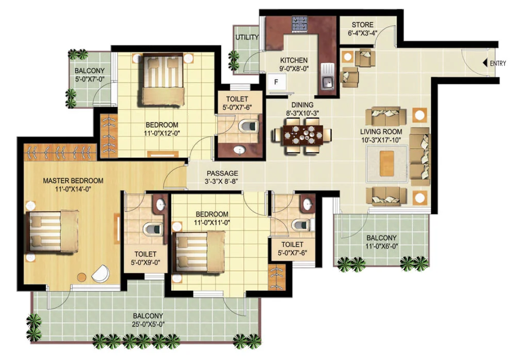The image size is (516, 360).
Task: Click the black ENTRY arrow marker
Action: pyautogui.click(x=485, y=62)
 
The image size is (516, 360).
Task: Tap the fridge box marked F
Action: pyautogui.click(x=277, y=82)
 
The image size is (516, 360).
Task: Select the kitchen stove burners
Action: pyautogui.click(x=299, y=23)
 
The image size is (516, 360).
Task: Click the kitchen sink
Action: pyautogui.click(x=327, y=81)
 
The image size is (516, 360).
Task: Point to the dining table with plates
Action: pyautogui.click(x=302, y=135)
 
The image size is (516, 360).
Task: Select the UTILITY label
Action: pyautogui.click(x=247, y=38)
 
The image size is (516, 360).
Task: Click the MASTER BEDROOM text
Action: pyautogui.click(x=73, y=181)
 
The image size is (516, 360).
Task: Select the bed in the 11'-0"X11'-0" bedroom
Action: pyautogui.click(x=200, y=251)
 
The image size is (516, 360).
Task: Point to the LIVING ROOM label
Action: pyautogui.click(x=381, y=132)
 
